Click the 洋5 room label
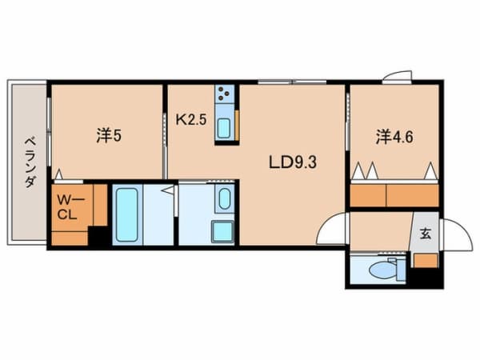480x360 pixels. coord(109,137)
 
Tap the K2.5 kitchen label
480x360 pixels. coord(191,120)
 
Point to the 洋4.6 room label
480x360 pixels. coord(395,137)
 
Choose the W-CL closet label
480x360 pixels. coord(66,208)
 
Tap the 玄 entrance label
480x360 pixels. coord(424,234)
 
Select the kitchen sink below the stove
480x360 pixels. coord(225,127)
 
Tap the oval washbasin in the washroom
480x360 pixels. coord(223,200)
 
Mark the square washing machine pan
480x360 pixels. coord(222,232)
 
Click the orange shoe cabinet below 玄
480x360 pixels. coord(426,260)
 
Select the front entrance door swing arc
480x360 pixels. coord(454,234)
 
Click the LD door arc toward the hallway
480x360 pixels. coord(332,230)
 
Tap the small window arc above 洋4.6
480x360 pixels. coord(395,77)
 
